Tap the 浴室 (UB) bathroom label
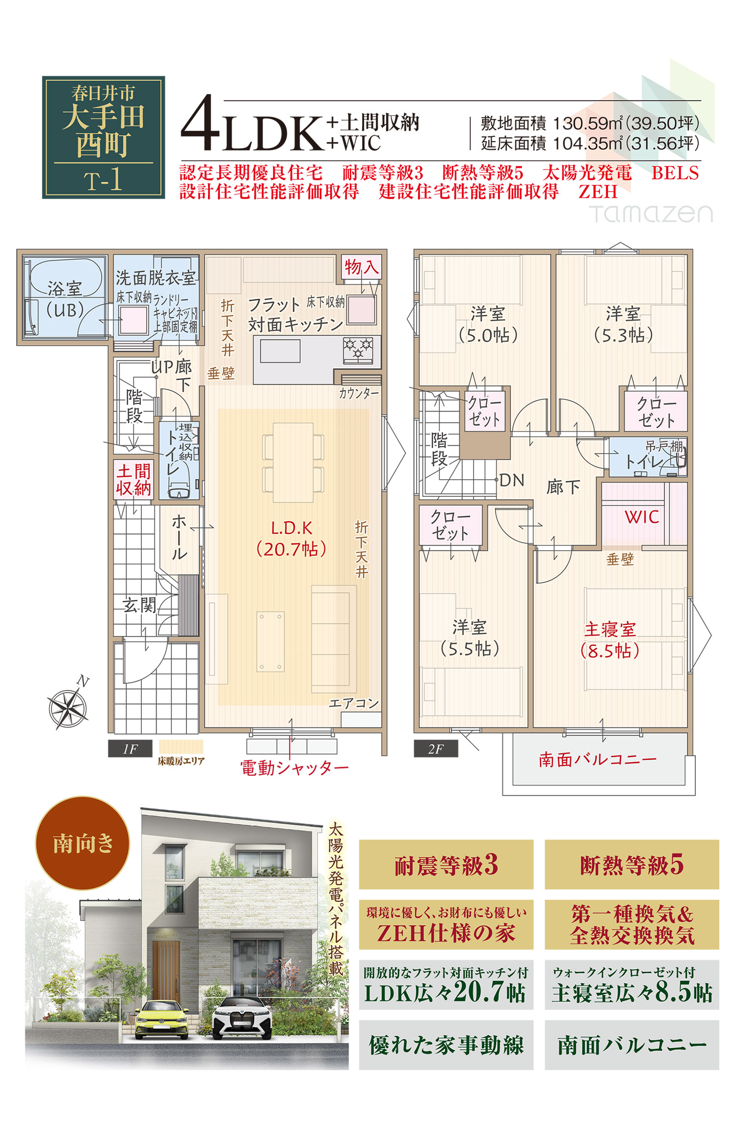pyautogui.click(x=65, y=299)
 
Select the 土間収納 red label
pyautogui.click(x=133, y=480)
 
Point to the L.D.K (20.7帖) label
pyautogui.click(x=291, y=538)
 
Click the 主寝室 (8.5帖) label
pyautogui.click(x=610, y=640)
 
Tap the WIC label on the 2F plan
pyautogui.click(x=642, y=517)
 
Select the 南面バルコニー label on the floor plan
pyautogui.click(x=598, y=760)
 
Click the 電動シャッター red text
pyautogui.click(x=294, y=768)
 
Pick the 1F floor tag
pyautogui.click(x=130, y=749)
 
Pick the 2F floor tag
pyautogui.click(x=436, y=749)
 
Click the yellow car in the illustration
pyautogui.click(x=161, y=1020)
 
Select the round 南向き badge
pyautogui.click(x=82, y=843)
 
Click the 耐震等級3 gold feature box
pyautogui.click(x=446, y=864)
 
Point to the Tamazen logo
pyautogui.click(x=651, y=214)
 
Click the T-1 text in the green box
pyautogui.click(x=103, y=180)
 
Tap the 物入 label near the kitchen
pyautogui.click(x=362, y=267)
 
